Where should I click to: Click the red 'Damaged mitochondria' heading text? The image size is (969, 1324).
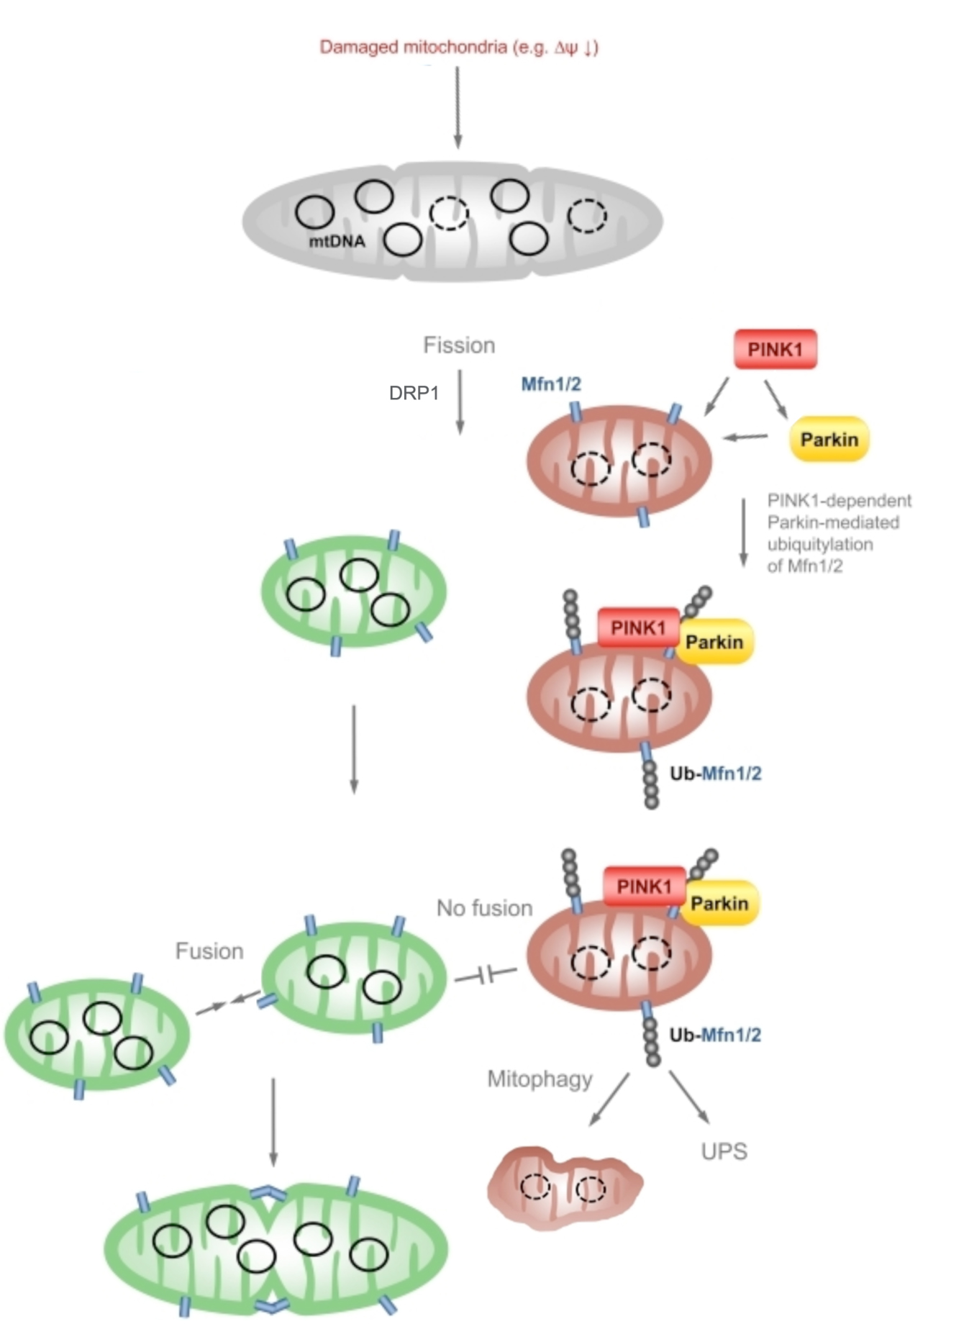458,47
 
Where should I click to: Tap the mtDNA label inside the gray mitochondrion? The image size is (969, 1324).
337,242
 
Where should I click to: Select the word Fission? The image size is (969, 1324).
459,345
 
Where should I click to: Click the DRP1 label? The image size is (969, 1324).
414,393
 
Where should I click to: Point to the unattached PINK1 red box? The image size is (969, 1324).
775,350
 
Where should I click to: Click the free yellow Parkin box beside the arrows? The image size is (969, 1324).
829,439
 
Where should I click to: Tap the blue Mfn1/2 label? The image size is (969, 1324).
551,384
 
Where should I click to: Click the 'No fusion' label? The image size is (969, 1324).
484,908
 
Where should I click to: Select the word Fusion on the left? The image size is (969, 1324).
209,951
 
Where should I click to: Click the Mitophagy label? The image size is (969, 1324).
540,1079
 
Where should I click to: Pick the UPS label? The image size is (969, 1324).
724,1151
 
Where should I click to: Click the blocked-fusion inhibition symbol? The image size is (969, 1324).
486,976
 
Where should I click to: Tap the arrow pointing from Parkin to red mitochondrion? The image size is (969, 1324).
745,436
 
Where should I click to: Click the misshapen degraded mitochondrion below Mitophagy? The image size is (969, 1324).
565,1187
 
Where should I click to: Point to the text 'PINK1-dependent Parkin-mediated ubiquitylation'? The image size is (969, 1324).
839,532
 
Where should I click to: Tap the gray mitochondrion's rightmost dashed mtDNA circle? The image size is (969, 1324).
586,215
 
